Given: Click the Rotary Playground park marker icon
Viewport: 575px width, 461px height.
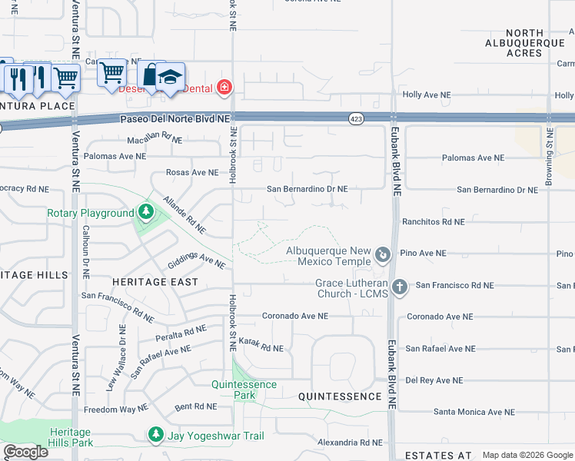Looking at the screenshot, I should pyautogui.click(x=145, y=211).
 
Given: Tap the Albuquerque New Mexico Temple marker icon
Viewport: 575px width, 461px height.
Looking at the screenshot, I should pyautogui.click(x=383, y=254).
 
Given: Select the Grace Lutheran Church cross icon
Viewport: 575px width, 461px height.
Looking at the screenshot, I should pyautogui.click(x=399, y=287).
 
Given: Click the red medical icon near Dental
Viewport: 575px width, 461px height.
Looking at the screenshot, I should pyautogui.click(x=224, y=88).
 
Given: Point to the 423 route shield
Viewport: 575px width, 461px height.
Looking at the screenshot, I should pyautogui.click(x=355, y=119).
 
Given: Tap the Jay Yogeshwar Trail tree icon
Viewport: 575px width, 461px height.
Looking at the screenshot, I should pyautogui.click(x=156, y=435).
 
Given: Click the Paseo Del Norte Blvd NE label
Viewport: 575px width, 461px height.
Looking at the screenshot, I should pyautogui.click(x=175, y=119).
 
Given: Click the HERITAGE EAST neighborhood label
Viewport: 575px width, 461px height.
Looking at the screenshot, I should pyautogui.click(x=156, y=282).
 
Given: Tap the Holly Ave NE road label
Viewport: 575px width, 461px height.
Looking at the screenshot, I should pyautogui.click(x=427, y=95).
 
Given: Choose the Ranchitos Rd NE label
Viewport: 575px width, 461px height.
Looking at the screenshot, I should pyautogui.click(x=433, y=221).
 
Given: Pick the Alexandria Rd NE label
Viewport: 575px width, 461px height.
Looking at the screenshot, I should pyautogui.click(x=350, y=443).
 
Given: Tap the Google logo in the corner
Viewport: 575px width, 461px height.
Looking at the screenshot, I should pyautogui.click(x=25, y=452).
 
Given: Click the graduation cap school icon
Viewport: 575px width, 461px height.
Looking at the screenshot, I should pyautogui.click(x=171, y=75).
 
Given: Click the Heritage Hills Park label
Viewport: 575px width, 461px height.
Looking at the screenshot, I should pyautogui.click(x=70, y=437).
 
